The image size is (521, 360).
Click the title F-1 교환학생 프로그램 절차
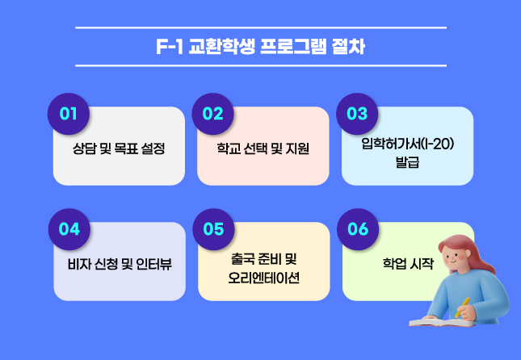[260, 47]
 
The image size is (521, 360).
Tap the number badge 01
[68, 114]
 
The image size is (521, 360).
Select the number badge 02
[212, 114]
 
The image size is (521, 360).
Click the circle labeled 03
[356, 114]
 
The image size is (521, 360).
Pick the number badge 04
[68, 228]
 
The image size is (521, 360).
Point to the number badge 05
[212, 228]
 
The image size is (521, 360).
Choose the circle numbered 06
[356, 228]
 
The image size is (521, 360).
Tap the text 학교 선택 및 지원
[263, 149]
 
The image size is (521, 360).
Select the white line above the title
[260, 28]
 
